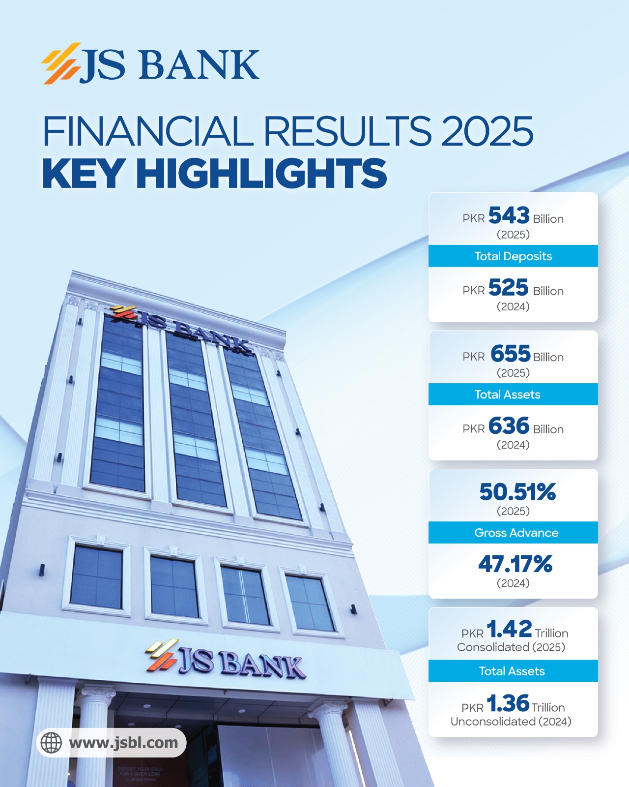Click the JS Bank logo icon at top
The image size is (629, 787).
coord(61,63)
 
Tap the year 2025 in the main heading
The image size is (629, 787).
coord(487,131)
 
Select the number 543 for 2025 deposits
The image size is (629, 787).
coord(509,215)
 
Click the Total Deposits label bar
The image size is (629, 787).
coord(513,256)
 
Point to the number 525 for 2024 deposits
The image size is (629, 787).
coord(509,288)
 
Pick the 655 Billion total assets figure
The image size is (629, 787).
coord(511,354)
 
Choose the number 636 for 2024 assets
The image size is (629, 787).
coord(509,426)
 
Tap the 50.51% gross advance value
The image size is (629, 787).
coord(517,492)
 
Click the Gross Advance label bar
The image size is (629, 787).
coord(516,533)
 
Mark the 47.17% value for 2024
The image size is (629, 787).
coord(515,564)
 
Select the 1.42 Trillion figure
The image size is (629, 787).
coord(509,629)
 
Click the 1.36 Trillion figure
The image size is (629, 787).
coord(508,703)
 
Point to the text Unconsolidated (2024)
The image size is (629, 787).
coord(511,722)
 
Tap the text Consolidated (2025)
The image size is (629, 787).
coord(511,647)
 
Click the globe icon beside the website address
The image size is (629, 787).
coord(51,743)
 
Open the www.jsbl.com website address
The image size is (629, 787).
coord(123,743)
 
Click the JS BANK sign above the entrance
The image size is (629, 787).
coord(226,660)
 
